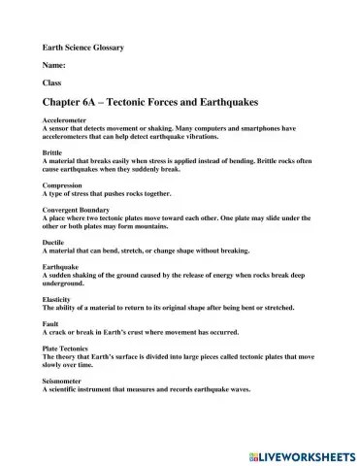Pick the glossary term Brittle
coord(52,152)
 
